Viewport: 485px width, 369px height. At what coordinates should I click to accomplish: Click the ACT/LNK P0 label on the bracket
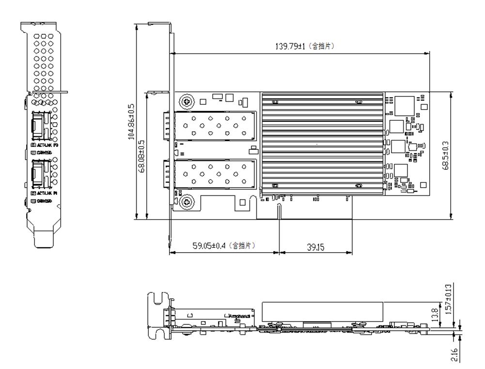coord(45,145)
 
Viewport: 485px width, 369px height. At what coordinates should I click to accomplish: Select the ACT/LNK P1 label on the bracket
coord(45,193)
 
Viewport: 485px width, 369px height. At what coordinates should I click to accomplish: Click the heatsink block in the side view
coord(322,311)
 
